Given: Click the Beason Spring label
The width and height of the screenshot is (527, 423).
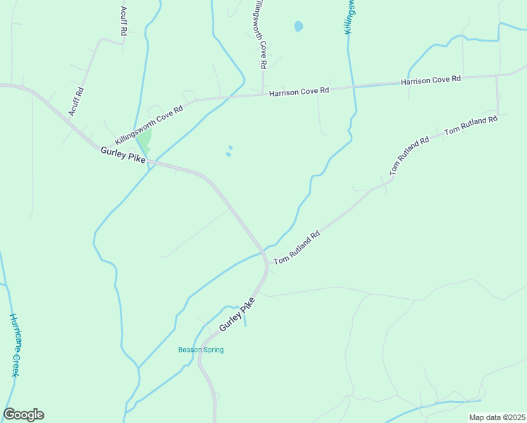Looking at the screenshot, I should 201,350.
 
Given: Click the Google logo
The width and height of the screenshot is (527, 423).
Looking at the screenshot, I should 23,415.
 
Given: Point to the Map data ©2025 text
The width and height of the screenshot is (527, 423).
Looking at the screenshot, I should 497,417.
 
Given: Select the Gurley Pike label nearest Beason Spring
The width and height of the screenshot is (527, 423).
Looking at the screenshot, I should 236,315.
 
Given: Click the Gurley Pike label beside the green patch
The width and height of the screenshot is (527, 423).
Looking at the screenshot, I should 123,155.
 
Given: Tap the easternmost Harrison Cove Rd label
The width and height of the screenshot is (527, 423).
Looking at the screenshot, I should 430,80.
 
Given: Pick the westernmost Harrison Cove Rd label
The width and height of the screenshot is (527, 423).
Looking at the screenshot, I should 299,91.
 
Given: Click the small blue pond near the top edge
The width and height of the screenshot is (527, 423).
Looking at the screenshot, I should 298,27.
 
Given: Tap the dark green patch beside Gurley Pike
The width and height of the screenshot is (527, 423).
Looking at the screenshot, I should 144,141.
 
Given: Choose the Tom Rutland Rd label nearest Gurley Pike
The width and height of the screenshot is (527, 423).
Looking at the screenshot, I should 297,247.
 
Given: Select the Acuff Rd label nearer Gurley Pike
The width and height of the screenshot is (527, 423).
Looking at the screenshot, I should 76,102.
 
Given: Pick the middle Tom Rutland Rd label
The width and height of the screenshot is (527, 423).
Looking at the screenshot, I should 409,156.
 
